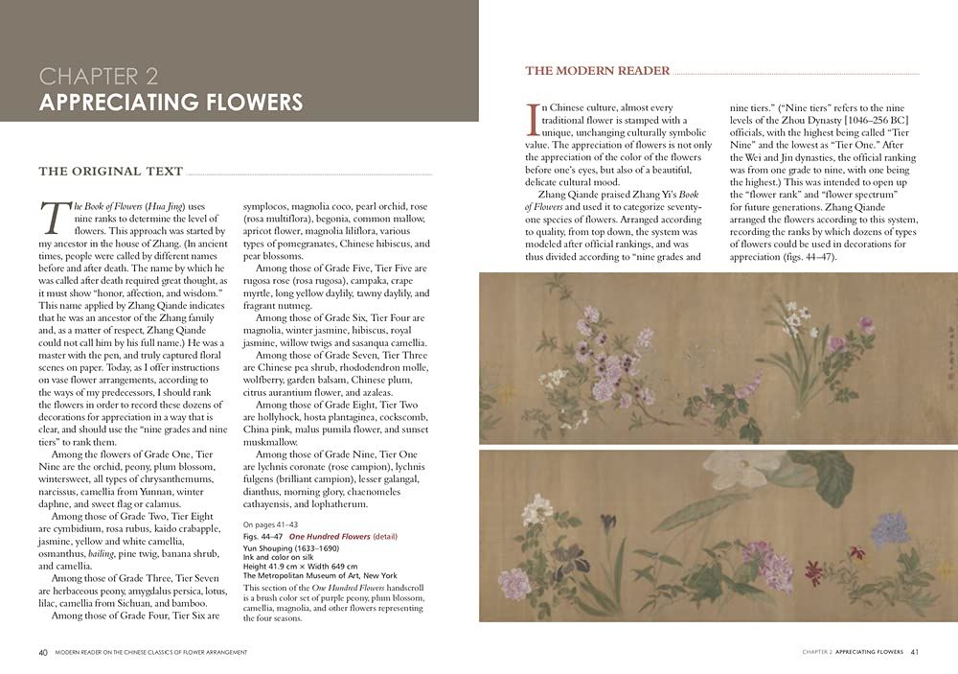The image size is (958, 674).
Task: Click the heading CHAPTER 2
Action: coord(99,76)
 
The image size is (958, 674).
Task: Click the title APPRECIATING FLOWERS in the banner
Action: coord(171,102)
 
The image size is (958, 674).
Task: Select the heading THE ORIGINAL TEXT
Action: coord(110,172)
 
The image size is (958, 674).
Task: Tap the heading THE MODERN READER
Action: coord(598,71)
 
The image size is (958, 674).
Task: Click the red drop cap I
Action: coord(533,119)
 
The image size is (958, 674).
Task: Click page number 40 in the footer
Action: coord(43,652)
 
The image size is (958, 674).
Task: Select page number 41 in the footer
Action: coord(914,652)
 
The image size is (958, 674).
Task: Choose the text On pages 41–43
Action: coord(271,524)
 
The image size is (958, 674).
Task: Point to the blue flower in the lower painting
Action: coord(890,527)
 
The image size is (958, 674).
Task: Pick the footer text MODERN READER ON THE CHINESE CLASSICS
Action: coord(151,652)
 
